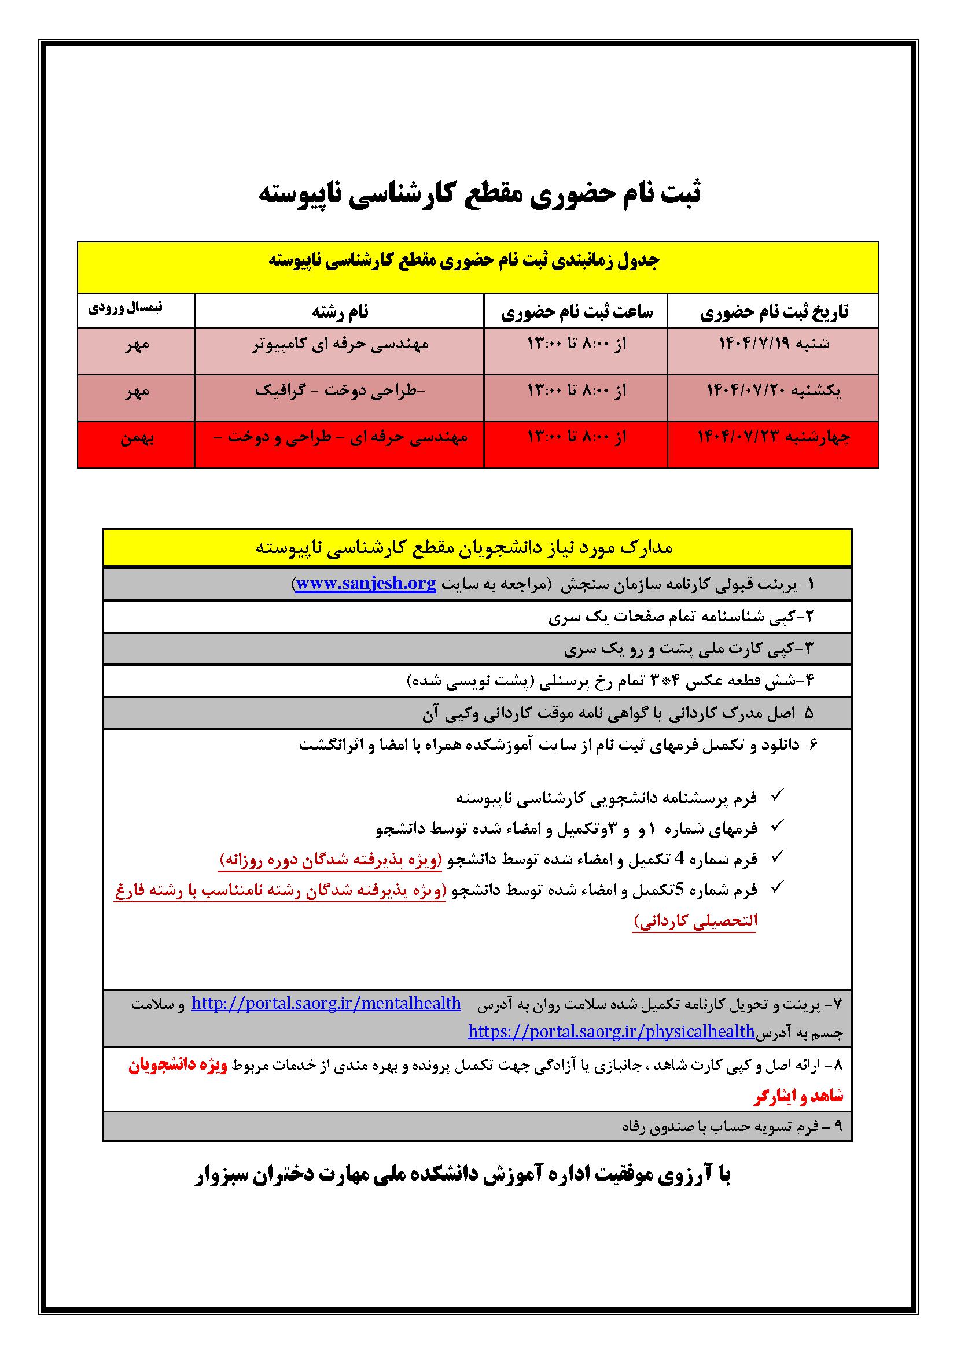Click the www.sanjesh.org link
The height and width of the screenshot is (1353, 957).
366,584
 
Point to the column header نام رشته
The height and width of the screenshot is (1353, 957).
340,312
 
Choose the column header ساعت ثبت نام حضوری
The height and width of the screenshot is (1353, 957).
576,312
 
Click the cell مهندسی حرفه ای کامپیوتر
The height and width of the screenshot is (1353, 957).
340,344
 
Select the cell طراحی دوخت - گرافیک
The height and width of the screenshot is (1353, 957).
340,390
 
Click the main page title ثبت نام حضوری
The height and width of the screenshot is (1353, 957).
480,195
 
